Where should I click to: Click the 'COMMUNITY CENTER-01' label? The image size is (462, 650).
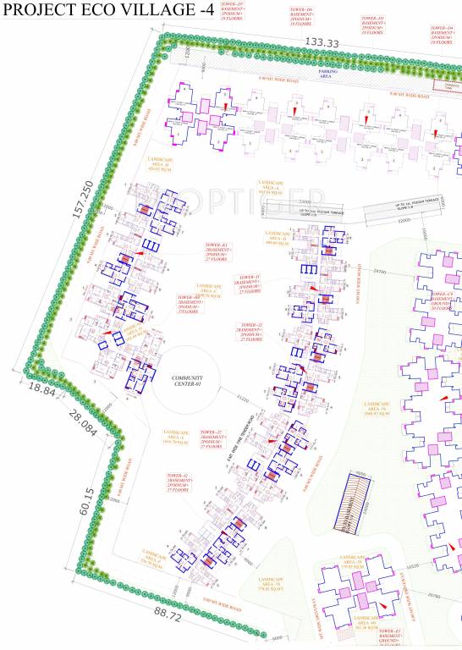[184, 382]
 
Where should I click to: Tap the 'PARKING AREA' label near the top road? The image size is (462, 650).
[327, 74]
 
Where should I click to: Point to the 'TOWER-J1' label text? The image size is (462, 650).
[250, 332]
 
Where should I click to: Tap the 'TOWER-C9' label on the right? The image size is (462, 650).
[445, 300]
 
